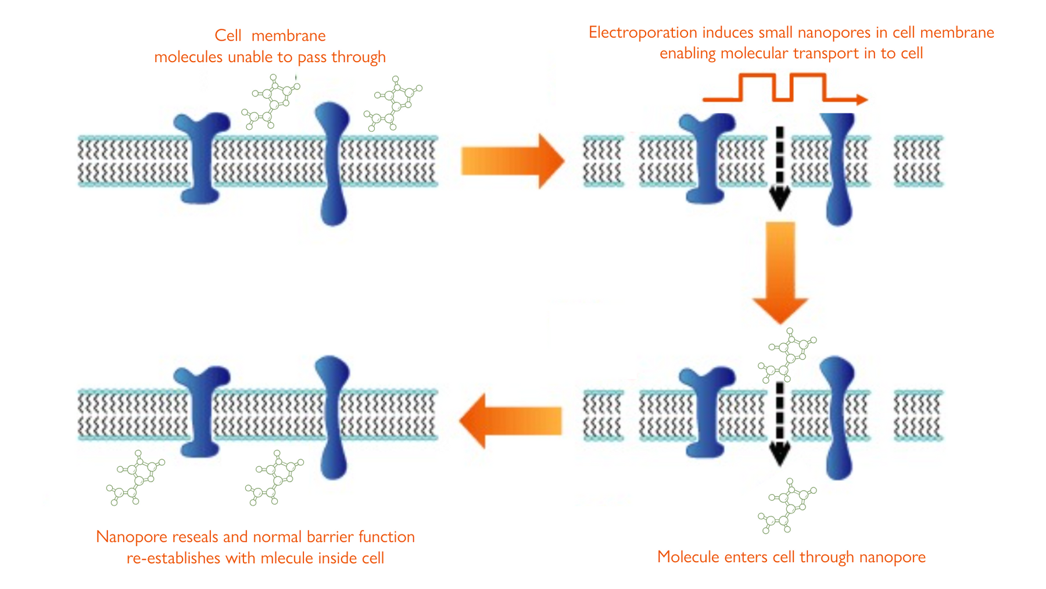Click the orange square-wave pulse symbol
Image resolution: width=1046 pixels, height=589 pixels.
pos(785,88)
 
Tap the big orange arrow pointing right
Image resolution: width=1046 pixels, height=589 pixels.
pos(513,161)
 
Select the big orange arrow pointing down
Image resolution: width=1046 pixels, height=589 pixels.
pos(780,272)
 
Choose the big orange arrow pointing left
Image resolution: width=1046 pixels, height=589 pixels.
pos(511,421)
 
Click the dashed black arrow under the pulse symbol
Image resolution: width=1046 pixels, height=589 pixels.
pos(780,169)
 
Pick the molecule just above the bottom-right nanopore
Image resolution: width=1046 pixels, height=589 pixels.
pos(787,355)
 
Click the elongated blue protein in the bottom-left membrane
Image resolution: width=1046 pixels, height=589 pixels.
pos(333,417)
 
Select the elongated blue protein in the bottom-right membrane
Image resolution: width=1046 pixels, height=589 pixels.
pos(839,417)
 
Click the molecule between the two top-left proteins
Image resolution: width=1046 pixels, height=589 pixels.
pos(271,102)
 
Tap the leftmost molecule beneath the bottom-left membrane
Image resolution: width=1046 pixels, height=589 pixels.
pos(136,477)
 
